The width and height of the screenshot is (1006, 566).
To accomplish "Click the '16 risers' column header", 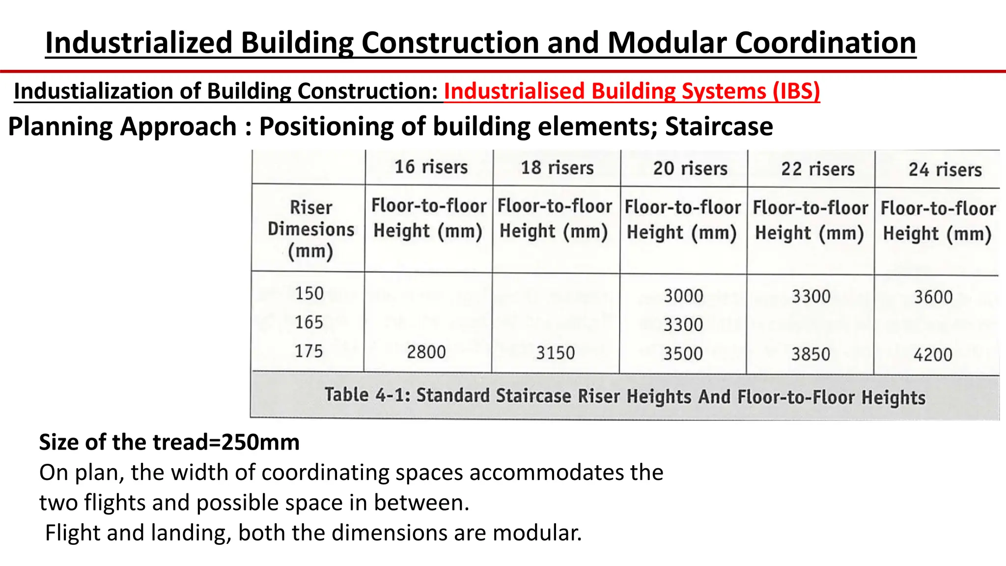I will [431, 167].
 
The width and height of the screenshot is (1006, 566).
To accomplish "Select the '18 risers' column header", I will [557, 168].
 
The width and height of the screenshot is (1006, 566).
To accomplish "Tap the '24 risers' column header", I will [945, 170].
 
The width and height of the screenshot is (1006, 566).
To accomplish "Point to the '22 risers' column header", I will [818, 169].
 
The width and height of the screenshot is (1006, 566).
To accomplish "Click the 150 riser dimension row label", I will [309, 293].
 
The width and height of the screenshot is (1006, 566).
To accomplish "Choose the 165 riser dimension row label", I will [309, 322].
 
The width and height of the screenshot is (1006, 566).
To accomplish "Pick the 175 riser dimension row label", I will [309, 351].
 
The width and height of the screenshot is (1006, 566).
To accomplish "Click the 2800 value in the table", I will [426, 352].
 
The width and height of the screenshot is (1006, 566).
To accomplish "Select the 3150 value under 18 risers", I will [555, 353].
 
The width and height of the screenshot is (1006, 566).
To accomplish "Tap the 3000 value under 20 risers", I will [683, 296].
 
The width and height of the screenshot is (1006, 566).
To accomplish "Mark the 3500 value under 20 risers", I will [683, 354].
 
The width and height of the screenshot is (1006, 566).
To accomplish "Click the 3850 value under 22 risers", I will [810, 354].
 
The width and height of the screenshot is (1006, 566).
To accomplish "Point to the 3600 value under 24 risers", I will [933, 297].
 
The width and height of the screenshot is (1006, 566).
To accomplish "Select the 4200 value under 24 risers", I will [933, 355].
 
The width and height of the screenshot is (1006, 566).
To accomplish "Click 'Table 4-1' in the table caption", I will [367, 395].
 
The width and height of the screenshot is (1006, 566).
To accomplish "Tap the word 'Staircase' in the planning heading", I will [719, 127].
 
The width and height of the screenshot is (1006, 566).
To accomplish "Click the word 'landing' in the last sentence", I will [191, 533].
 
